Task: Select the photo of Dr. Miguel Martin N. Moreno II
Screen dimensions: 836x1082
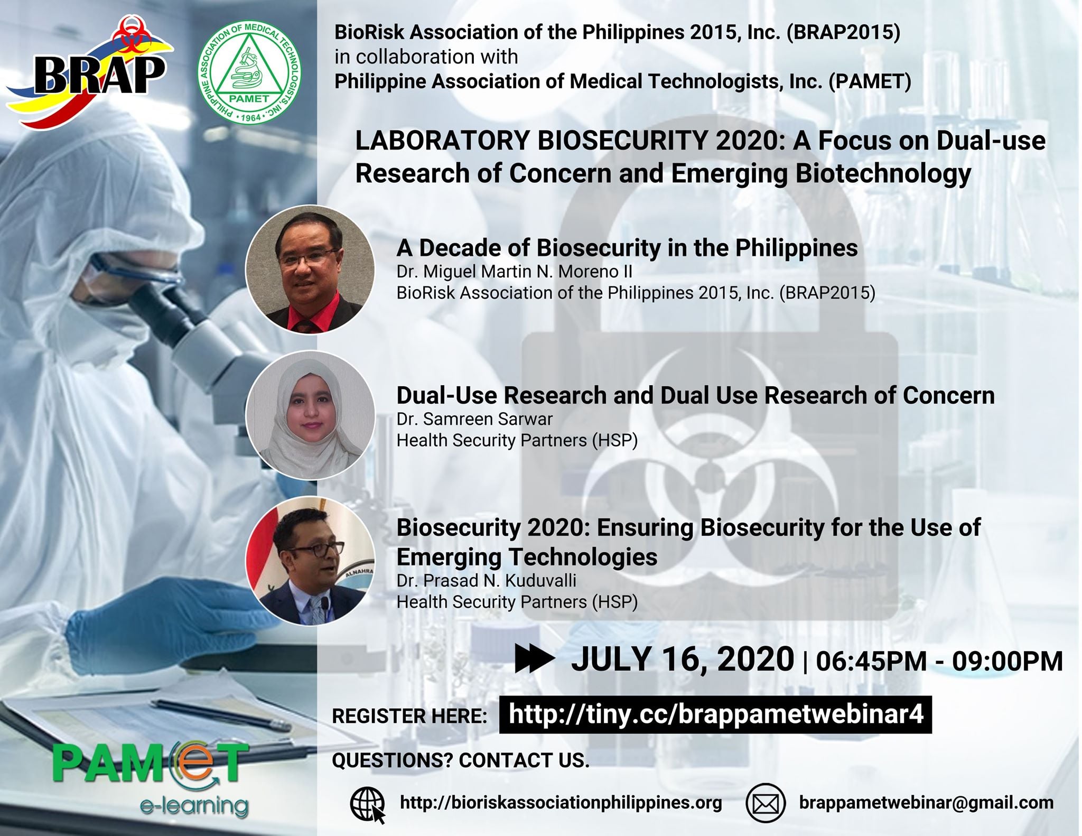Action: coord(310,269)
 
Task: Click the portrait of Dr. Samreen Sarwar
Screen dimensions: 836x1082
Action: coord(310,415)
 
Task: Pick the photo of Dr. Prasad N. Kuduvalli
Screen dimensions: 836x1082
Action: coord(310,561)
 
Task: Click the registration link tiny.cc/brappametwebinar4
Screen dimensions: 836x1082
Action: coord(715,714)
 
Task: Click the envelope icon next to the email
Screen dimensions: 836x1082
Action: coord(765,803)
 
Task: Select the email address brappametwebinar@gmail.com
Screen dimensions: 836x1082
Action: coord(926,803)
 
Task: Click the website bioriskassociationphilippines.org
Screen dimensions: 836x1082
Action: coord(561,803)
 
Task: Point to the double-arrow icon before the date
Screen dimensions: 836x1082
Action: coord(534,660)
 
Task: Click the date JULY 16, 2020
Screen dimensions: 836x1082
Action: coord(682,659)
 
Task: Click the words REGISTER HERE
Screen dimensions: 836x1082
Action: coord(409,716)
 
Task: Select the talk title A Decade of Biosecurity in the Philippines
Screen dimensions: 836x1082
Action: coord(627,248)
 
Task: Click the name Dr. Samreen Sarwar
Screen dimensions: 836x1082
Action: coord(474,419)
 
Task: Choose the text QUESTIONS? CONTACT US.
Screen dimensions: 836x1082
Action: coord(460,760)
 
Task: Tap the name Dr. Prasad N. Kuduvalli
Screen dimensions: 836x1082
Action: coord(486,581)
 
